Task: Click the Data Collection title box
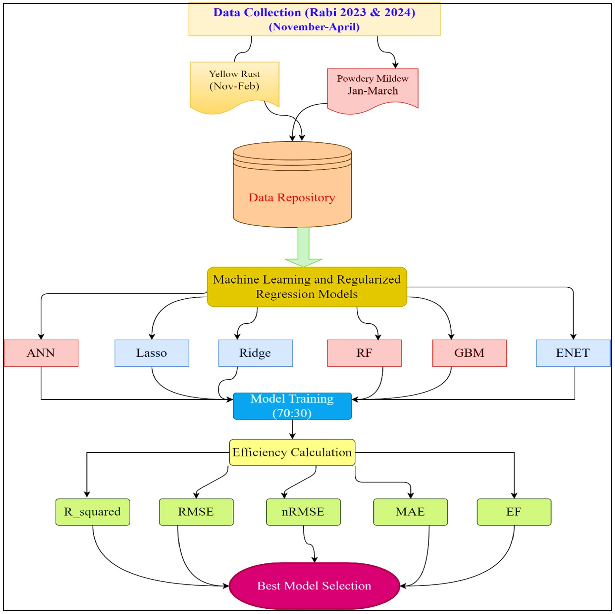click(314, 19)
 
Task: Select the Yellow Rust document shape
click(235, 83)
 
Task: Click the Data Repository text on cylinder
click(292, 197)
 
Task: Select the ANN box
click(41, 353)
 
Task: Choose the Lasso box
click(151, 353)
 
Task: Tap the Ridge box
click(255, 353)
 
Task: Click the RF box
click(364, 353)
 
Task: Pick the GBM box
click(470, 353)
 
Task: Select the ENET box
click(573, 353)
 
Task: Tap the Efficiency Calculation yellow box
click(292, 452)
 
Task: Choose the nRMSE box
click(303, 512)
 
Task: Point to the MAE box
click(410, 512)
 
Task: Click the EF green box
click(514, 512)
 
